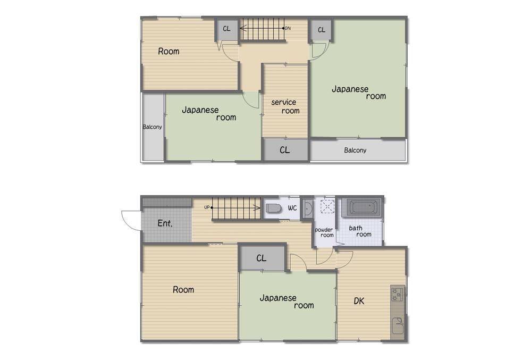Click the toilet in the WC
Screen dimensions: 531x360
click(274, 208)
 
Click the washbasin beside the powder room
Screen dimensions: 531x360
click(308, 208)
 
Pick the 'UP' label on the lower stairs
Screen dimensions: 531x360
click(207, 207)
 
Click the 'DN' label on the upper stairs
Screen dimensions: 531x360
click(288, 28)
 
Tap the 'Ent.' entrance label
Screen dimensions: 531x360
click(165, 223)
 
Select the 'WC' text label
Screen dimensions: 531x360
click(292, 207)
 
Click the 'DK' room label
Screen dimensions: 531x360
click(359, 301)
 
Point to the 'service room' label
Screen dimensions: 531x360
click(285, 106)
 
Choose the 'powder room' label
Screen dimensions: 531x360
click(324, 232)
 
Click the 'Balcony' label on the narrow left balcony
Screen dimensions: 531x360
click(152, 127)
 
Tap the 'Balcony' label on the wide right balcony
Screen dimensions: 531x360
click(355, 150)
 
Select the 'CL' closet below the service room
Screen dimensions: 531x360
click(285, 149)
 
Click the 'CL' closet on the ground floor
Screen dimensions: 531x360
click(262, 258)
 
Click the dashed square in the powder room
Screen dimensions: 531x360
click(327, 206)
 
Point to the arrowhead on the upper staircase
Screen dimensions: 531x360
click(243, 28)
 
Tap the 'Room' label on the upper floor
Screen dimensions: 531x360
click(168, 51)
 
